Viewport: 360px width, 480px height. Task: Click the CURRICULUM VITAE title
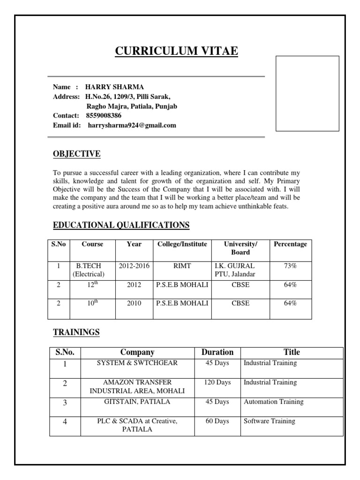coord(177,51)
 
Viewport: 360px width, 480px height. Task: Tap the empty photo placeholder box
coord(307,93)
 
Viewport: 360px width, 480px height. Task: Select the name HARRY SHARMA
coord(114,87)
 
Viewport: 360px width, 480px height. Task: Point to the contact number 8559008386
coord(103,115)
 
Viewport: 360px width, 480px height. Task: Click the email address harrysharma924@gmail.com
coord(132,125)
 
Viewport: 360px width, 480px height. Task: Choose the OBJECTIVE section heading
coord(76,154)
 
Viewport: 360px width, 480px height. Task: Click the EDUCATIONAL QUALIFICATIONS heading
coord(121,225)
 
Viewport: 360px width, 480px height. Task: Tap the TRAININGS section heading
coord(76,332)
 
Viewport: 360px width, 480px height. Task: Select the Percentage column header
coord(290,244)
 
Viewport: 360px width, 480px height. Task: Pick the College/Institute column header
coord(182,244)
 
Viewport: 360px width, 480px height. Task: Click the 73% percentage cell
coord(290,266)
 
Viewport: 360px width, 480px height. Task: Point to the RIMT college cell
coord(182,266)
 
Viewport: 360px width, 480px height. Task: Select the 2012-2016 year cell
coord(134,266)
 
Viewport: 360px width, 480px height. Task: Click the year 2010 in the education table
coord(134,303)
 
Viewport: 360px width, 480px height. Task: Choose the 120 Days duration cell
coord(217,382)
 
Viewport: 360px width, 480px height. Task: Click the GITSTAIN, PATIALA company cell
coord(137,402)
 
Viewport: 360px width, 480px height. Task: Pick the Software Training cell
coord(269,421)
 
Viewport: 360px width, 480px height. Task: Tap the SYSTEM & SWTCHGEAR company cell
coord(137,363)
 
